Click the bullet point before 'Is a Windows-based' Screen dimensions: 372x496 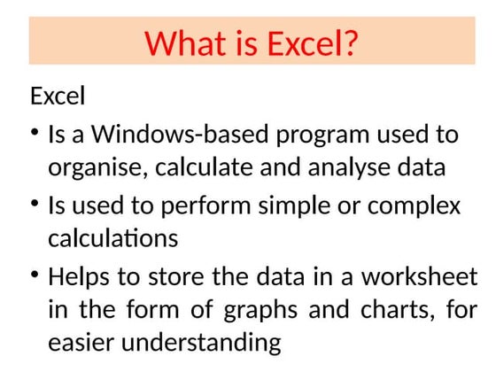(x=35, y=133)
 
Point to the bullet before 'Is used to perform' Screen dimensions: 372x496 (x=35, y=205)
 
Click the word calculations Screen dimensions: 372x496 (x=112, y=238)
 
